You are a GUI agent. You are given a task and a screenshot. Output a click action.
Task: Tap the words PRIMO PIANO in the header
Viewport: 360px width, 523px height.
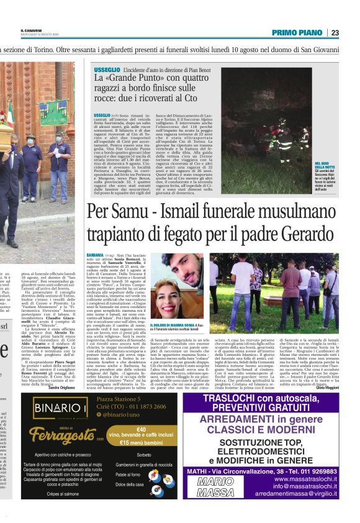tap(296, 32)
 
